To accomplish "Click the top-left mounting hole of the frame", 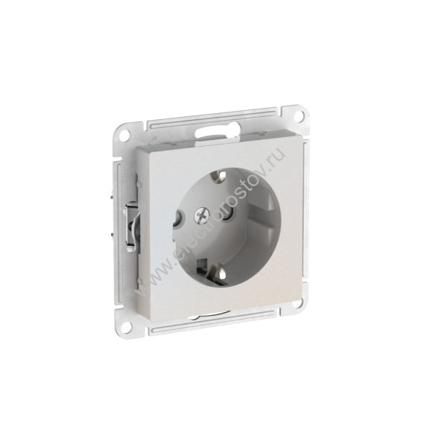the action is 123,136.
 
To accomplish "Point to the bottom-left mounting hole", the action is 125,326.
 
